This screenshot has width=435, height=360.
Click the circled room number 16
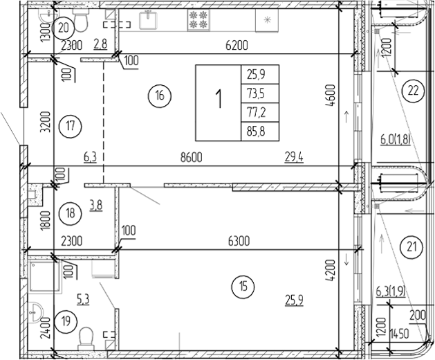click(160, 96)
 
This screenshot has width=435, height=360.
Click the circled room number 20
click(64, 28)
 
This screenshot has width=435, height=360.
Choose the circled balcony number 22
click(414, 90)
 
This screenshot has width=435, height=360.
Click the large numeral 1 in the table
click(218, 100)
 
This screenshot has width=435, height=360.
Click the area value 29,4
click(295, 158)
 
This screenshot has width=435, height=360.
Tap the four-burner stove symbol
click(199, 20)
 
